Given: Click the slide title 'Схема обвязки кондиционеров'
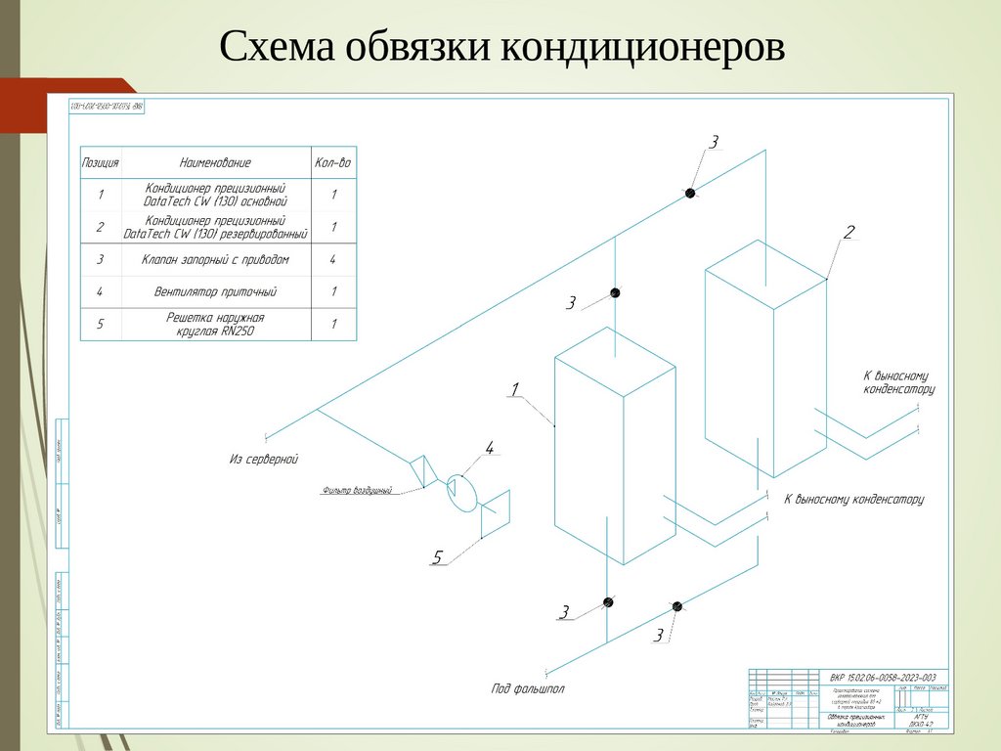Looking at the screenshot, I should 501,47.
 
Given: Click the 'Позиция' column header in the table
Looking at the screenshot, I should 101,162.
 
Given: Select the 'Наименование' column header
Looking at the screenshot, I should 215,162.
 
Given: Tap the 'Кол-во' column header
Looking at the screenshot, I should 332,162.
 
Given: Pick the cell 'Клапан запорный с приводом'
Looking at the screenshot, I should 215,260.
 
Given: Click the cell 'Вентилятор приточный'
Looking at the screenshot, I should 215,291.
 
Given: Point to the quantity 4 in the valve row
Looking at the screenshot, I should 333,260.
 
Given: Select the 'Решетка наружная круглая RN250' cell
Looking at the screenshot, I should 215,324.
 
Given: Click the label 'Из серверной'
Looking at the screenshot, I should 264,458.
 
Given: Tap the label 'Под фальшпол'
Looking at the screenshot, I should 527,688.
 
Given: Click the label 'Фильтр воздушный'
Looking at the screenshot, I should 356,491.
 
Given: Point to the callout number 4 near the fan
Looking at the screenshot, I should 490,449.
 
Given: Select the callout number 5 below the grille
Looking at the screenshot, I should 438,557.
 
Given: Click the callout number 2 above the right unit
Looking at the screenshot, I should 849,232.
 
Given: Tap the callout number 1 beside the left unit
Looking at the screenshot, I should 513,390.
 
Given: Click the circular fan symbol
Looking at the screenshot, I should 460,491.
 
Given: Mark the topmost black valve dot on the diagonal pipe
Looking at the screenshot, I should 690,194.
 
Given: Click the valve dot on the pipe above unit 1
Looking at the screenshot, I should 615,292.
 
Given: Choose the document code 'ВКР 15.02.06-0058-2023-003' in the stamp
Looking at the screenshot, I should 882,678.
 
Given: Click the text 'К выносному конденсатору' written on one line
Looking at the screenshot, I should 852,500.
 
